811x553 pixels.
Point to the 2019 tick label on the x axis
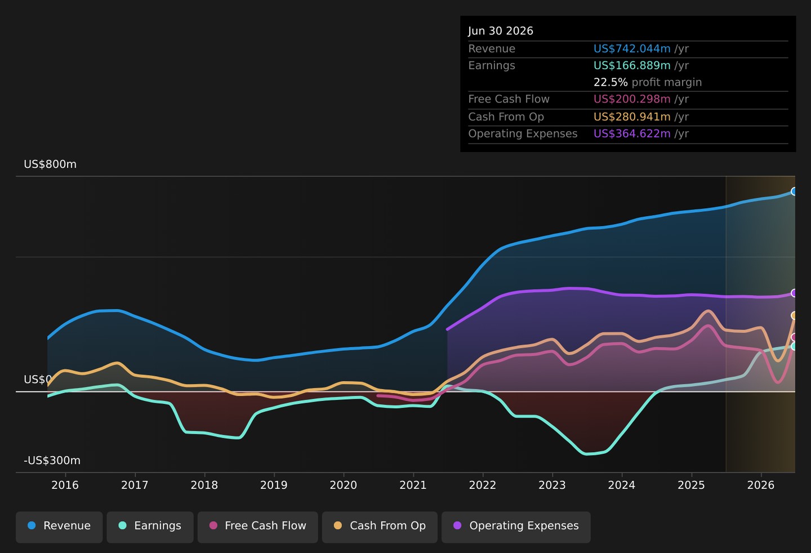(274, 485)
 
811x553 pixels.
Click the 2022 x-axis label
(483, 485)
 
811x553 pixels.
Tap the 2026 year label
(761, 485)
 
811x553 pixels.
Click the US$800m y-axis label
(50, 164)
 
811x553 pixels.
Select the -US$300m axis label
(52, 460)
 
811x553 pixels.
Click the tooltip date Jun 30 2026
(500, 31)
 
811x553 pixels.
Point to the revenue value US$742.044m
(632, 48)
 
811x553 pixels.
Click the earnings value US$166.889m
(632, 65)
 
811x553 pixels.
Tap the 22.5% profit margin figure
(611, 83)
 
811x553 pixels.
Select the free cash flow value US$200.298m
(632, 99)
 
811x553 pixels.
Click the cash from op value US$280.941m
(632, 117)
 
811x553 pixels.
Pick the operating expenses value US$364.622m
(632, 134)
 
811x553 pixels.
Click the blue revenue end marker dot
(794, 191)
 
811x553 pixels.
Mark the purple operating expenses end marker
(794, 293)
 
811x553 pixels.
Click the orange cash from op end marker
(794, 315)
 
